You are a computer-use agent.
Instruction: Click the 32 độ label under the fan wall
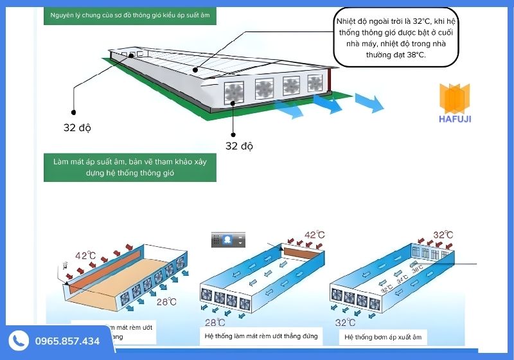[239, 146]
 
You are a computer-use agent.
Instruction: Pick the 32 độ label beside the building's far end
[77, 127]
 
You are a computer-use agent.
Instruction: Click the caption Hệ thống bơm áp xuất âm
[376, 336]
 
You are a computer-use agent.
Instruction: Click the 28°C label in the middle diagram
[215, 322]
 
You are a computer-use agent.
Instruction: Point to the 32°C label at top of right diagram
[443, 235]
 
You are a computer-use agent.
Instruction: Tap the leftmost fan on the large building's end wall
[234, 92]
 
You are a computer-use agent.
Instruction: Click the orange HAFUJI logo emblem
[456, 98]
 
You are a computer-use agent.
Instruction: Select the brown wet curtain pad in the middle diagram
[304, 256]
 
